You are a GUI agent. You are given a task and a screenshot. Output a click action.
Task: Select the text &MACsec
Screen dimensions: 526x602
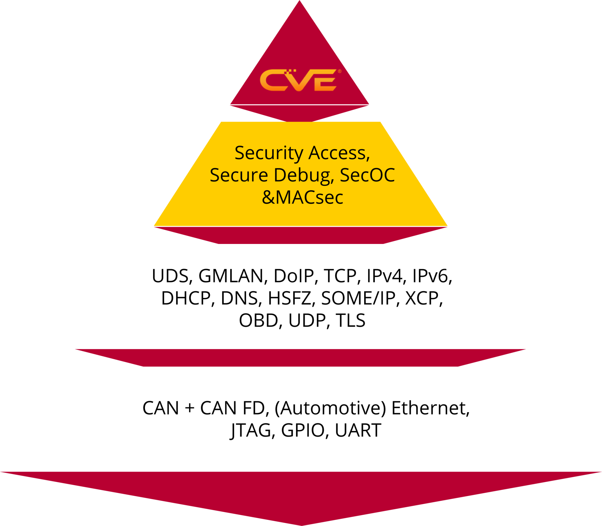(302, 197)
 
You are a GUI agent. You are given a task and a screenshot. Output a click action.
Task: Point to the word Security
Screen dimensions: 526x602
(269, 154)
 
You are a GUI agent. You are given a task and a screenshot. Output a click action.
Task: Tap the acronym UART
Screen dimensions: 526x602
(358, 430)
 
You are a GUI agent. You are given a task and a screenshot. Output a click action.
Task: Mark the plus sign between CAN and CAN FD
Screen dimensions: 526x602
(190, 408)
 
